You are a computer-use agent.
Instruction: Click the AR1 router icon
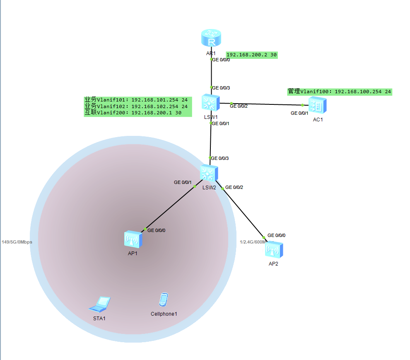[211, 39]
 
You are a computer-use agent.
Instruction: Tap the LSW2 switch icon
[208, 173]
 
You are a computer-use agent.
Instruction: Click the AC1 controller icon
[318, 105]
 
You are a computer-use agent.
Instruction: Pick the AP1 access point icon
[133, 239]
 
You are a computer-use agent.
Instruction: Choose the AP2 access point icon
[274, 249]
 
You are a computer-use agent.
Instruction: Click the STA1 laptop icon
[100, 304]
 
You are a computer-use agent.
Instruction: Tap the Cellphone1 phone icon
[164, 300]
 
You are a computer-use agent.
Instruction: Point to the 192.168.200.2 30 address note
[251, 55]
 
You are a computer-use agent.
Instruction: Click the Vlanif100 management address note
[340, 92]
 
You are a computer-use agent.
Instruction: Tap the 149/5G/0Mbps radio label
[17, 242]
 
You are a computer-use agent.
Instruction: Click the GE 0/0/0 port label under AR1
[221, 60]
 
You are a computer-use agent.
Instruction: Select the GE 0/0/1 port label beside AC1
[299, 113]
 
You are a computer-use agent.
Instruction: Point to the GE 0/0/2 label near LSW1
[239, 106]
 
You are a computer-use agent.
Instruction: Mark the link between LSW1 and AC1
[267, 104]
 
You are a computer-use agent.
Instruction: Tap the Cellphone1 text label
[164, 314]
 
